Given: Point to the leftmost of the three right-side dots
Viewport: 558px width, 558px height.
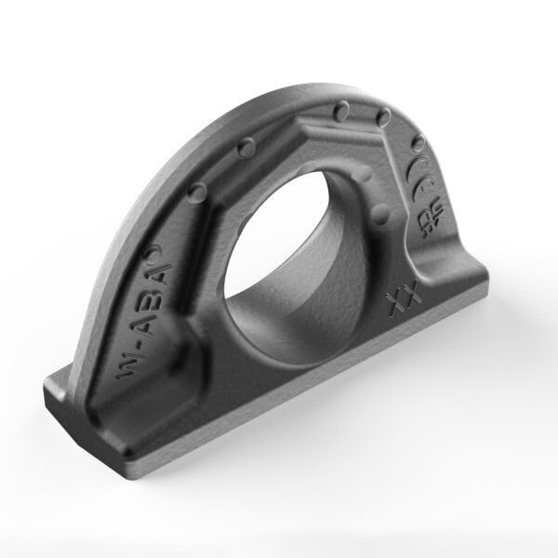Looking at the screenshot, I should (342, 106).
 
